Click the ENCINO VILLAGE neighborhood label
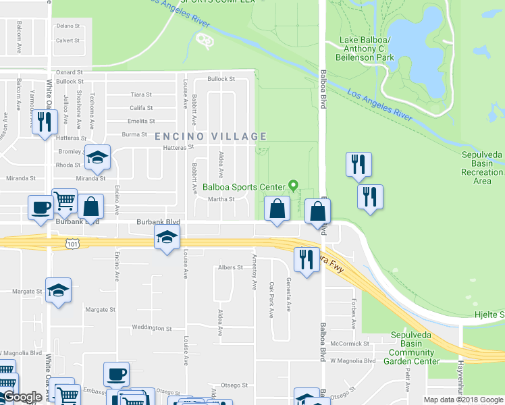tap(212, 136)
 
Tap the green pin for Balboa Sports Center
tap(293, 184)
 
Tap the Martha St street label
tap(221, 199)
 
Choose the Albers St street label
tap(230, 268)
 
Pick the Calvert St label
tap(68, 40)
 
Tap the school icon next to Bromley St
tap(97, 158)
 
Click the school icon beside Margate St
tap(59, 290)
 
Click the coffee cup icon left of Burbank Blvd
tap(41, 207)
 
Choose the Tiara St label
tap(141, 94)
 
